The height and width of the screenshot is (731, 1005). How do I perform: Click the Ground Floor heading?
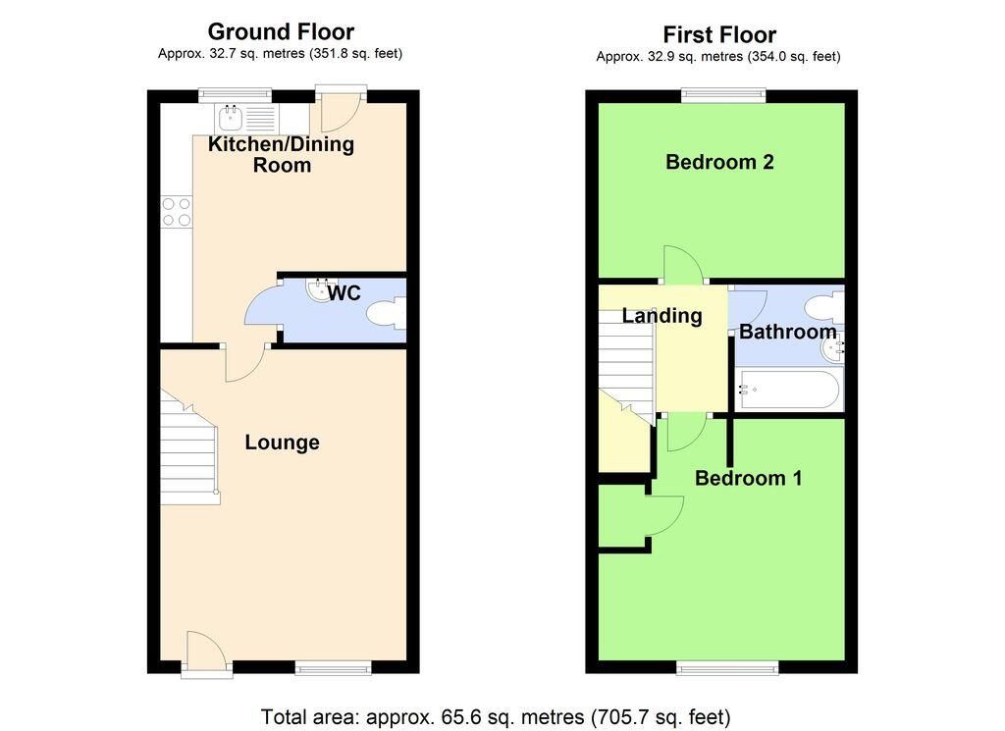coord(281,31)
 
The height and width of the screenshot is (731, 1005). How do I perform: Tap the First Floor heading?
coord(719,34)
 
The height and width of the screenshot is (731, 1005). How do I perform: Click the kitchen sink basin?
coord(230,117)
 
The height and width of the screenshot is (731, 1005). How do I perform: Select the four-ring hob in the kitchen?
coord(177,212)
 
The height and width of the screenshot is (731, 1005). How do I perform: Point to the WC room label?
coord(344,292)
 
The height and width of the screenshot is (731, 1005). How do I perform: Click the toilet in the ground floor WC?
coord(387,314)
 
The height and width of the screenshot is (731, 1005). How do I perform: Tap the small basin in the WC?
coord(321,289)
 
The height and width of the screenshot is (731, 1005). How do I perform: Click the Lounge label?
coord(282,443)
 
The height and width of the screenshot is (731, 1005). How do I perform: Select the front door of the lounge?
coord(206,654)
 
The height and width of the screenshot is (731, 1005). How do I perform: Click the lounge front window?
coord(334,668)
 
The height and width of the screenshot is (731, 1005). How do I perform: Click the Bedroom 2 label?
coord(719,162)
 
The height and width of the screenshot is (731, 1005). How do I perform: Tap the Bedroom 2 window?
coord(723,95)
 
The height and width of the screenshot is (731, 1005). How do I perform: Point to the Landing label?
coord(662,315)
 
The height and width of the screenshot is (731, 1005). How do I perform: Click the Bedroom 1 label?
coord(749,478)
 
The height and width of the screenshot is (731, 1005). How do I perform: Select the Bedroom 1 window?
coord(727,668)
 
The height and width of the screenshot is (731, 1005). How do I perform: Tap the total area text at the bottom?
coord(496,716)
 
